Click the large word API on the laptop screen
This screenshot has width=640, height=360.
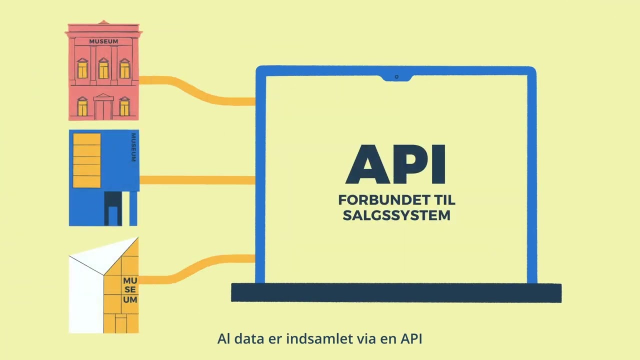[395, 164]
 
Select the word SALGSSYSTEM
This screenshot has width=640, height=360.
[396, 215]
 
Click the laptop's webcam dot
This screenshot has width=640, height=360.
[396, 77]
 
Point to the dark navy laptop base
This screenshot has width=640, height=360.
[396, 293]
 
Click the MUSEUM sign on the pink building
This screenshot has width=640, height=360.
[103, 41]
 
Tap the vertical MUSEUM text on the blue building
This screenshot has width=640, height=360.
[133, 147]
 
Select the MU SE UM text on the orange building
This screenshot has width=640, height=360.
[130, 290]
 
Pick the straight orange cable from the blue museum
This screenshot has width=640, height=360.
[197, 180]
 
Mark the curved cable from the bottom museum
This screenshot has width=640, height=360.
[197, 269]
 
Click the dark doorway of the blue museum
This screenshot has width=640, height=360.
[113, 208]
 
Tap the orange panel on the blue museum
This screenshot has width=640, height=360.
[87, 160]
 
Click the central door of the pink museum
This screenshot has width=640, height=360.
[103, 108]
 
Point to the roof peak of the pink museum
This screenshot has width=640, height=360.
[103, 21]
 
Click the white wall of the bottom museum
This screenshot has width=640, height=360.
[86, 297]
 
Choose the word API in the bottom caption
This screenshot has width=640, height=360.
[411, 339]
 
